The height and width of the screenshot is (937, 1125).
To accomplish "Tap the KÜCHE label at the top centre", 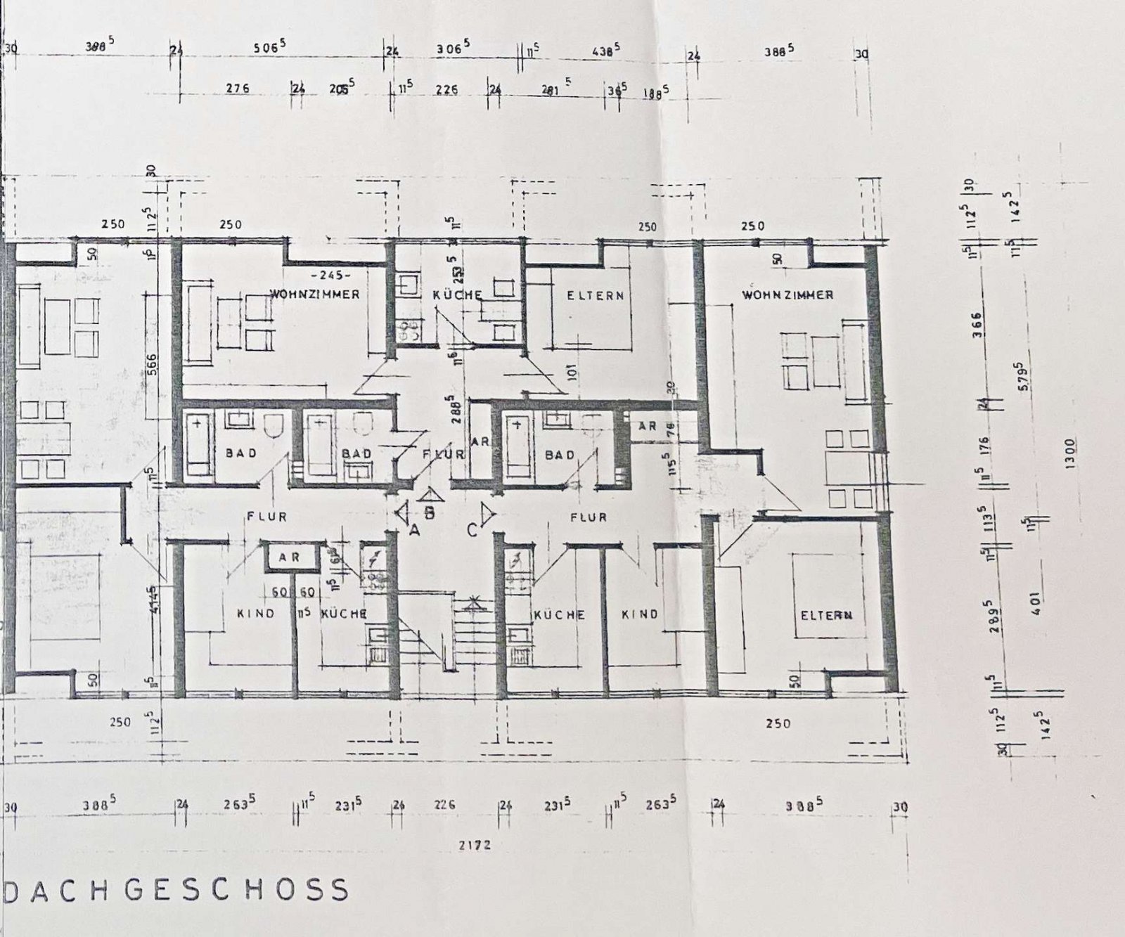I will coord(457,295).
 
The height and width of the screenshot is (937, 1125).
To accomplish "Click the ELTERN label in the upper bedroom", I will coord(596,295).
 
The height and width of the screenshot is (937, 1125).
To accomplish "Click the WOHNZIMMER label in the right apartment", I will coord(787,295).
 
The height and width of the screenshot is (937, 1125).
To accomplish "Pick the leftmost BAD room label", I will coord(241,453).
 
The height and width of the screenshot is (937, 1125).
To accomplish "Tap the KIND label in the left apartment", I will coord(255,614).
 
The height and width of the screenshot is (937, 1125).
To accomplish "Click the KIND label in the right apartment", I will coord(640,614).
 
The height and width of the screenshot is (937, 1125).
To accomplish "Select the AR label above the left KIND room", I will coord(289,557).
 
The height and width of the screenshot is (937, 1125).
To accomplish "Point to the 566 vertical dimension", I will coord(153,365).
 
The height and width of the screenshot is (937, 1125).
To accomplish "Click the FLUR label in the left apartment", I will coord(266,517).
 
